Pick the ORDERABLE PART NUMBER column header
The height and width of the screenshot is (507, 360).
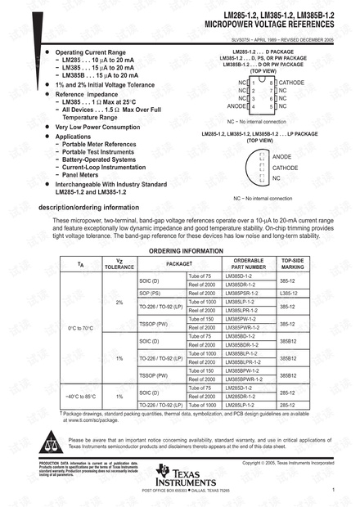[x=249, y=262]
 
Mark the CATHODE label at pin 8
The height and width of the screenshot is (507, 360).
[x=291, y=83]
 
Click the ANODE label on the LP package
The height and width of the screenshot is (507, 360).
[x=281, y=155]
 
